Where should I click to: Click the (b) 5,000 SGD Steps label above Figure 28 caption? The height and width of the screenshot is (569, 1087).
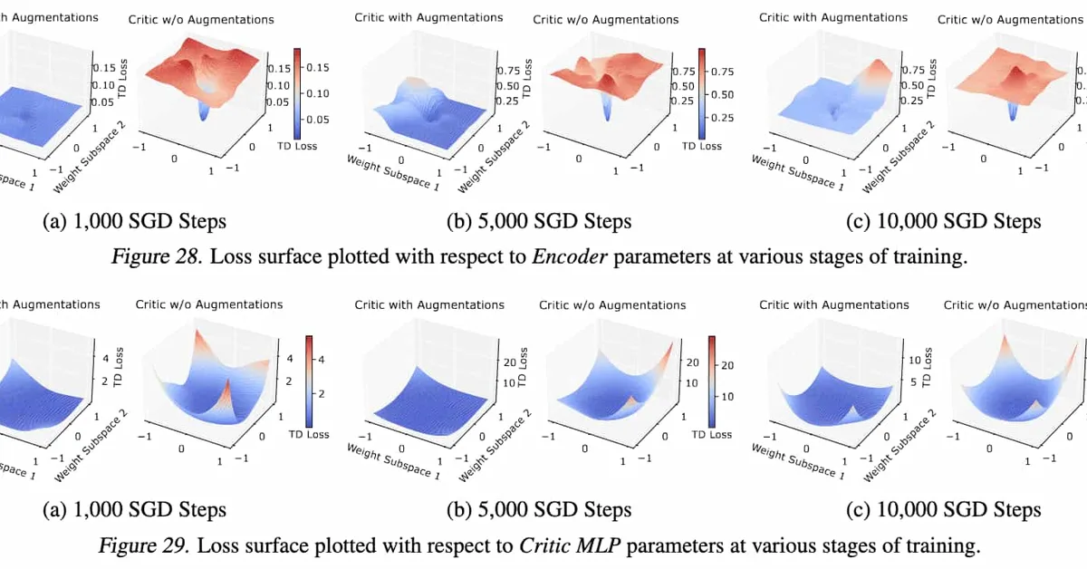coord(539,221)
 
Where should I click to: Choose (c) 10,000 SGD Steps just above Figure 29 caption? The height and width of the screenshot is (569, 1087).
coord(943,509)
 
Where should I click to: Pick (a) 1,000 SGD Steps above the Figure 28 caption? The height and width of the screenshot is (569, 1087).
coord(135,221)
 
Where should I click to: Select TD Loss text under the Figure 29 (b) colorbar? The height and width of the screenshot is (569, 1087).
coord(711,434)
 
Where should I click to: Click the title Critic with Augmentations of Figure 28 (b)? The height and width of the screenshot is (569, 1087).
coord(428,17)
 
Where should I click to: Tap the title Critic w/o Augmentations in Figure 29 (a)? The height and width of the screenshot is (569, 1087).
coord(208,304)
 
